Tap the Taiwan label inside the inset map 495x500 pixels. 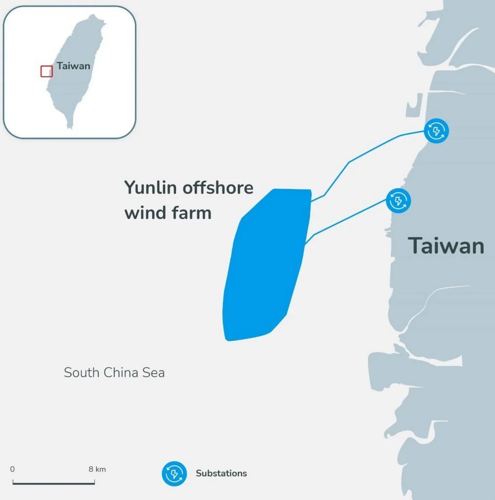click(x=73, y=66)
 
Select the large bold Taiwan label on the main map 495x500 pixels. click(x=446, y=246)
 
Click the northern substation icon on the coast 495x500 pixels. click(x=436, y=131)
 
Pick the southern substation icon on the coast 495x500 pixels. click(x=398, y=201)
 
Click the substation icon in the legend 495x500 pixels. click(x=174, y=473)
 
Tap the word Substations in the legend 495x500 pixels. click(x=221, y=473)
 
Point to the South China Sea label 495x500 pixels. click(x=114, y=373)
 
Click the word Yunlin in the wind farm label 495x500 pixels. click(x=150, y=187)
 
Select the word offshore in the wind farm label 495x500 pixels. click(x=218, y=187)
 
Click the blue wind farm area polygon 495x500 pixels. click(x=266, y=265)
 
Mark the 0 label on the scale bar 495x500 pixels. click(x=12, y=469)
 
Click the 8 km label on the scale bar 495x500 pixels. click(x=97, y=469)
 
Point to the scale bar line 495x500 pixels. click(x=54, y=484)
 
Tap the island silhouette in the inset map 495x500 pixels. click(x=76, y=70)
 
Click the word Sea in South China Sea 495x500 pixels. click(x=153, y=373)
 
